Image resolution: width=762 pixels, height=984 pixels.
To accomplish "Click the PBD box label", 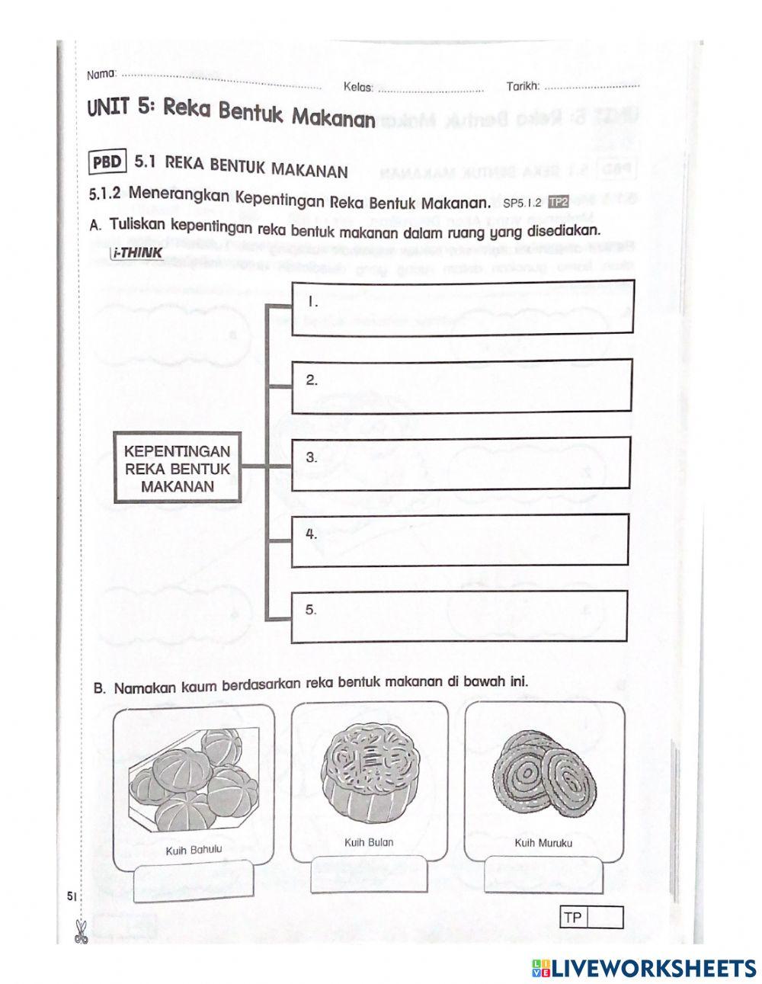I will pos(107,162).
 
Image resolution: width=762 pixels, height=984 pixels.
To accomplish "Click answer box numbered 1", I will pos(462,307).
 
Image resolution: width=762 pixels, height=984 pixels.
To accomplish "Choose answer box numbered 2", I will pos(462,386).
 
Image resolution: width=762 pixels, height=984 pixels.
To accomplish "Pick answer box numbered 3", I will pos(460,463).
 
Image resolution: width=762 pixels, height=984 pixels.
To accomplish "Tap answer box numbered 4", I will pos(459,540).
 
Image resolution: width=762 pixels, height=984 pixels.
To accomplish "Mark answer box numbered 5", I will pos(459,616).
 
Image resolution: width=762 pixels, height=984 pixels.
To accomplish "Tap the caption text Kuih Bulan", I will pos(369,842).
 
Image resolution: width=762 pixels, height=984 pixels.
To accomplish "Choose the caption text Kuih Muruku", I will pos(543,843).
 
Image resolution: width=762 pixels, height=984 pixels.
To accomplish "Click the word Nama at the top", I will pos(101,75).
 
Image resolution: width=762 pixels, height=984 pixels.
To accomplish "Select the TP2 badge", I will pos(559,202).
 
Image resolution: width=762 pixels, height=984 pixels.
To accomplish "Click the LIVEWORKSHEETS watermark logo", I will pos(644,967).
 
